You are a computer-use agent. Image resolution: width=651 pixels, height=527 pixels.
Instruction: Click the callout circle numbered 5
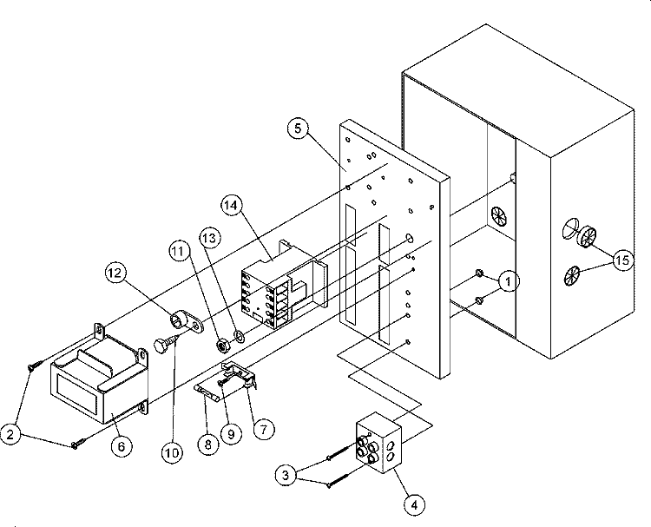[298, 128]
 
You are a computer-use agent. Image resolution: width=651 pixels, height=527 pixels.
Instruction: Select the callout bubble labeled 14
[231, 205]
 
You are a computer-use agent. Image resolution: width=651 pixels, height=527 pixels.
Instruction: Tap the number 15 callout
[622, 260]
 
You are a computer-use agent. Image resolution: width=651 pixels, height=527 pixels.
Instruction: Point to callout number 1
[508, 282]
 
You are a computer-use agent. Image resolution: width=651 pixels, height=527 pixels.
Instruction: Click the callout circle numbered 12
[115, 273]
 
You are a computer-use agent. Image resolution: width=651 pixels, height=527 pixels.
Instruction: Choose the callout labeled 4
[414, 505]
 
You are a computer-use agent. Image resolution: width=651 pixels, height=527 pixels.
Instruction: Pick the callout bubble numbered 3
[286, 475]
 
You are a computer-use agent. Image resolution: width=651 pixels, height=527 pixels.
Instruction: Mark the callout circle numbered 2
[10, 434]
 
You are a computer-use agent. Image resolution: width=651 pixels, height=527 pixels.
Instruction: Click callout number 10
[172, 452]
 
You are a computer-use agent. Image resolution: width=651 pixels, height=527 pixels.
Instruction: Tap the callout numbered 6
[122, 446]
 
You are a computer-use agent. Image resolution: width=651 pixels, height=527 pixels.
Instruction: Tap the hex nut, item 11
[222, 345]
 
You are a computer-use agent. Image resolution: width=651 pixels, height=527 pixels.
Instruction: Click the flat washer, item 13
[240, 335]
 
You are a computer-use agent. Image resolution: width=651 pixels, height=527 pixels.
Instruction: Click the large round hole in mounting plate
[409, 239]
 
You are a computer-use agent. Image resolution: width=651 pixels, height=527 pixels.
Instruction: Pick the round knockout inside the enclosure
[499, 216]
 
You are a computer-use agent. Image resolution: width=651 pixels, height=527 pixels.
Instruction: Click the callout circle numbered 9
[231, 434]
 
